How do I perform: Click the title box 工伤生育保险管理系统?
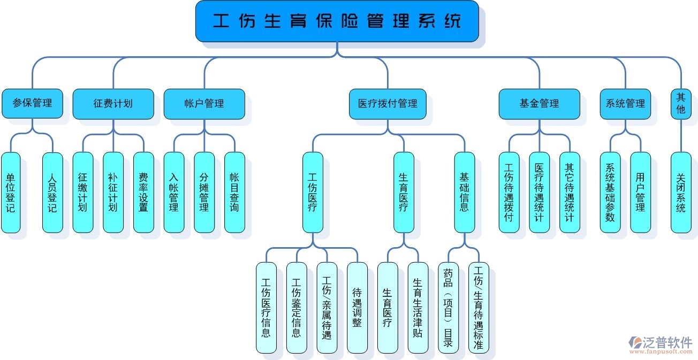337,21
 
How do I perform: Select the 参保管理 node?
32,103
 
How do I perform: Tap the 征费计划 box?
113,103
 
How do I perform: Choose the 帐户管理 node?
204,103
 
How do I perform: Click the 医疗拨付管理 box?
388,103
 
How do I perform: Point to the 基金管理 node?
539,103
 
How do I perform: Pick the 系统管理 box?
625,103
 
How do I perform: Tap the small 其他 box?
681,103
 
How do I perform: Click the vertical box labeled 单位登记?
11,193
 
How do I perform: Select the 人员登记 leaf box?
52,193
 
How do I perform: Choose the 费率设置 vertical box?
143,193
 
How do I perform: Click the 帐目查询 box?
234,193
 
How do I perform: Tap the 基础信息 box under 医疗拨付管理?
464,193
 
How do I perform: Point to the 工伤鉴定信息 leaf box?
296,308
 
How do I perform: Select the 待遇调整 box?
357,308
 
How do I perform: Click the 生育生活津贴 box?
418,308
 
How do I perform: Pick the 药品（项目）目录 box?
448,308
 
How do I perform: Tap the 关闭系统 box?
681,193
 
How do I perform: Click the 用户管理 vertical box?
640,193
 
